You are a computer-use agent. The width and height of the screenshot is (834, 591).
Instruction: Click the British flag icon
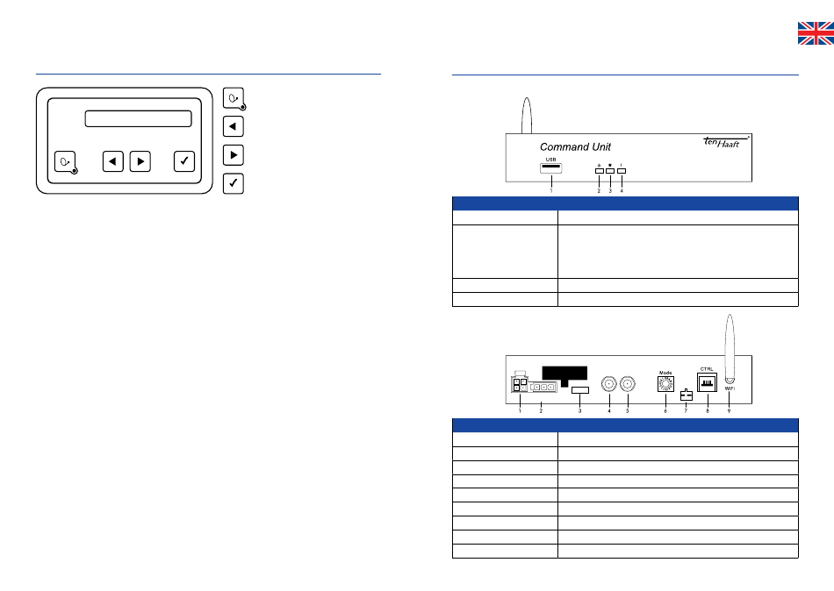point(815,33)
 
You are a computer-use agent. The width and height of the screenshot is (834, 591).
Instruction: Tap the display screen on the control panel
point(138,118)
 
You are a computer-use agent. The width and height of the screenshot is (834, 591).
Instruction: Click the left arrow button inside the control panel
point(112,161)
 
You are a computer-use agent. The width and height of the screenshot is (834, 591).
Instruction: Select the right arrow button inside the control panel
point(140,161)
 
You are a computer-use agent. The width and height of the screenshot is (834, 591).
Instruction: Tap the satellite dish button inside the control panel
point(66,161)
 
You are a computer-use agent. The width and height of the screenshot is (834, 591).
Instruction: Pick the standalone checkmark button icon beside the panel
point(233,184)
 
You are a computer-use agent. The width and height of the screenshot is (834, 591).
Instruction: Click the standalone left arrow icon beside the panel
point(233,126)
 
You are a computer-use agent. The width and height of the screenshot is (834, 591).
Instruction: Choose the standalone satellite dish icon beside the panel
point(233,97)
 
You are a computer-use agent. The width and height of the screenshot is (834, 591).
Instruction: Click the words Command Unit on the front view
point(575,146)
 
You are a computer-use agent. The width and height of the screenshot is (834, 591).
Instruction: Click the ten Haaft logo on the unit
point(723,143)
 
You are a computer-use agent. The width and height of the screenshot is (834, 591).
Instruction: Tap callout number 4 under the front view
point(622,190)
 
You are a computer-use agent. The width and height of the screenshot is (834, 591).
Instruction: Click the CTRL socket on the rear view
point(708,383)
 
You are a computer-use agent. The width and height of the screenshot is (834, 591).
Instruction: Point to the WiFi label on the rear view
point(730,388)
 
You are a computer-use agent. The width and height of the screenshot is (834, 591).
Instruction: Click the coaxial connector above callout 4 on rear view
point(608,384)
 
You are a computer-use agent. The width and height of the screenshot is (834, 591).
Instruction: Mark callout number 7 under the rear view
point(686,411)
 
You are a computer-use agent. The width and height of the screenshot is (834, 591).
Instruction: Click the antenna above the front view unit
point(526,114)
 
